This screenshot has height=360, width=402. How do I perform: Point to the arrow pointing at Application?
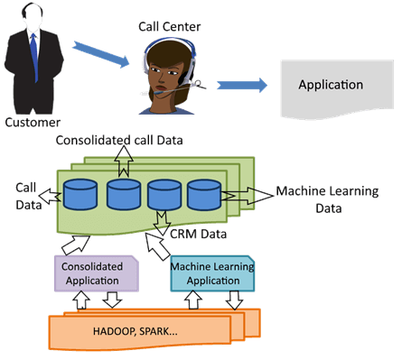click(x=243, y=86)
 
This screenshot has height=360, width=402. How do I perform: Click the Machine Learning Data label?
click(x=326, y=199)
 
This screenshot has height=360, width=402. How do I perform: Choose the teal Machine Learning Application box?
click(x=211, y=273)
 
